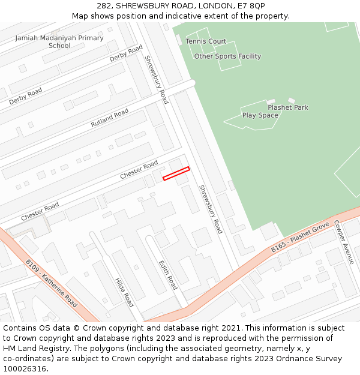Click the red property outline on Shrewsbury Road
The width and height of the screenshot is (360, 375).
click(x=176, y=173)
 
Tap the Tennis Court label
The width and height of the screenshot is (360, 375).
click(x=206, y=41)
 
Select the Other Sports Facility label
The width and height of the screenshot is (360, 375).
click(x=227, y=56)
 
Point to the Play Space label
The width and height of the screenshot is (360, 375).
click(x=260, y=115)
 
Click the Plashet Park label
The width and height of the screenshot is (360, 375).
click(x=288, y=107)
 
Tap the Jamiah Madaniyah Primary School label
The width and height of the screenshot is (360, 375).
click(x=59, y=41)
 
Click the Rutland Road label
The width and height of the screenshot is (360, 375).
click(x=110, y=118)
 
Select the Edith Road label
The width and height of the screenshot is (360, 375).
click(x=168, y=274)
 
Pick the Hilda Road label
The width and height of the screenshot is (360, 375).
click(x=124, y=292)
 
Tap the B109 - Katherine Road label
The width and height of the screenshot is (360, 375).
click(x=51, y=283)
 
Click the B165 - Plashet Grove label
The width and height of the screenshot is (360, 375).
click(x=300, y=238)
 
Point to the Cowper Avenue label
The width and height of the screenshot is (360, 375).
click(x=345, y=242)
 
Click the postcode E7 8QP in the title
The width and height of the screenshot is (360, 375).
click(x=251, y=5)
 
